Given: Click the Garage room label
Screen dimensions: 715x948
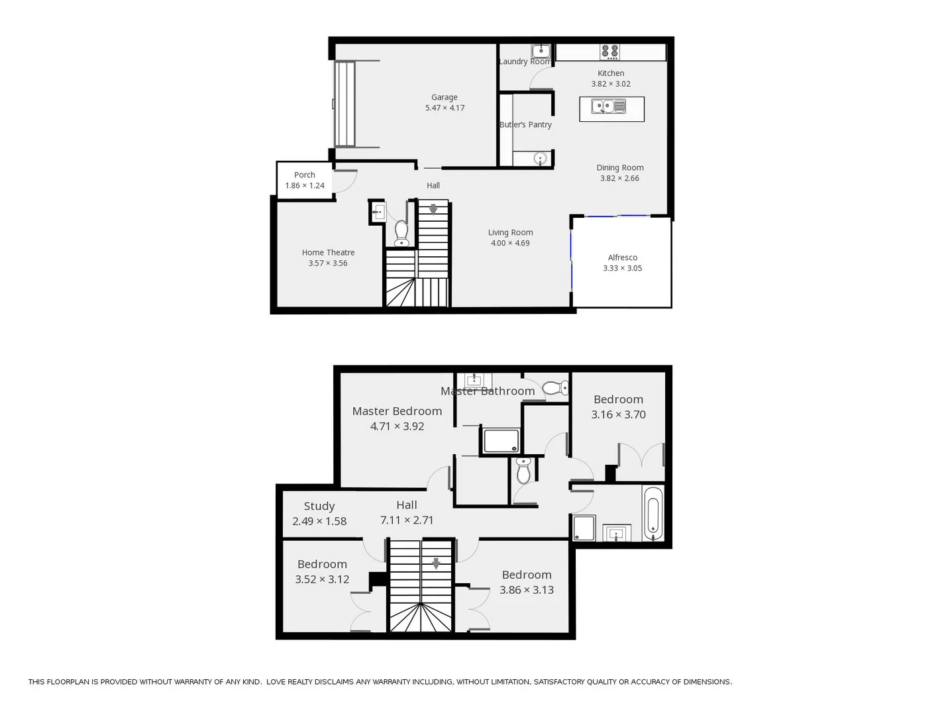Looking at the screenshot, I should [444, 97].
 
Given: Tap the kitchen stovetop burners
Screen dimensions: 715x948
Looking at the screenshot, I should [609, 52].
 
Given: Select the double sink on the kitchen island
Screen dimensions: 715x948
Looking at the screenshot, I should [609, 106].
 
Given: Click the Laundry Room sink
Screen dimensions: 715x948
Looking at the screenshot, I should [541, 51].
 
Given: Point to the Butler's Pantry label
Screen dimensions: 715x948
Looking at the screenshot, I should [525, 124].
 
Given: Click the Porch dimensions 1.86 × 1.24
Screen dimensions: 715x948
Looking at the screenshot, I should [305, 185].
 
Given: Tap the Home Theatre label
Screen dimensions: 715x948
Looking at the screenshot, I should [328, 252].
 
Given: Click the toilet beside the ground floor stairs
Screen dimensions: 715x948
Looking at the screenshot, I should [401, 233].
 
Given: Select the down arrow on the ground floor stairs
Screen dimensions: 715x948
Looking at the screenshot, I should [433, 209].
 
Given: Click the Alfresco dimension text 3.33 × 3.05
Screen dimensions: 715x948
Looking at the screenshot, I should [622, 268].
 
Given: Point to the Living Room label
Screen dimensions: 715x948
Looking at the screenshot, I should [510, 232].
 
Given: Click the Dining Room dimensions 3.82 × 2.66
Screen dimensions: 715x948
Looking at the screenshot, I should [619, 178].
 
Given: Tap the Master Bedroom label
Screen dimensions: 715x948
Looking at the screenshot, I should [397, 411].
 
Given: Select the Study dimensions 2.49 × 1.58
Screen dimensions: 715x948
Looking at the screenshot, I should [319, 521].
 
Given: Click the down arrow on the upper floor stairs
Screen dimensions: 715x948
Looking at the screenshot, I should [436, 564].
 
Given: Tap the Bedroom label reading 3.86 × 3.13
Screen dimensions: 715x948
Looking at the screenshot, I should [527, 575].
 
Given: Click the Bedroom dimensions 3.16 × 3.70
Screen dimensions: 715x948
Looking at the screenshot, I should [618, 414].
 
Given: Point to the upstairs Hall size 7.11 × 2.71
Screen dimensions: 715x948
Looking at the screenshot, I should [407, 520].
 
